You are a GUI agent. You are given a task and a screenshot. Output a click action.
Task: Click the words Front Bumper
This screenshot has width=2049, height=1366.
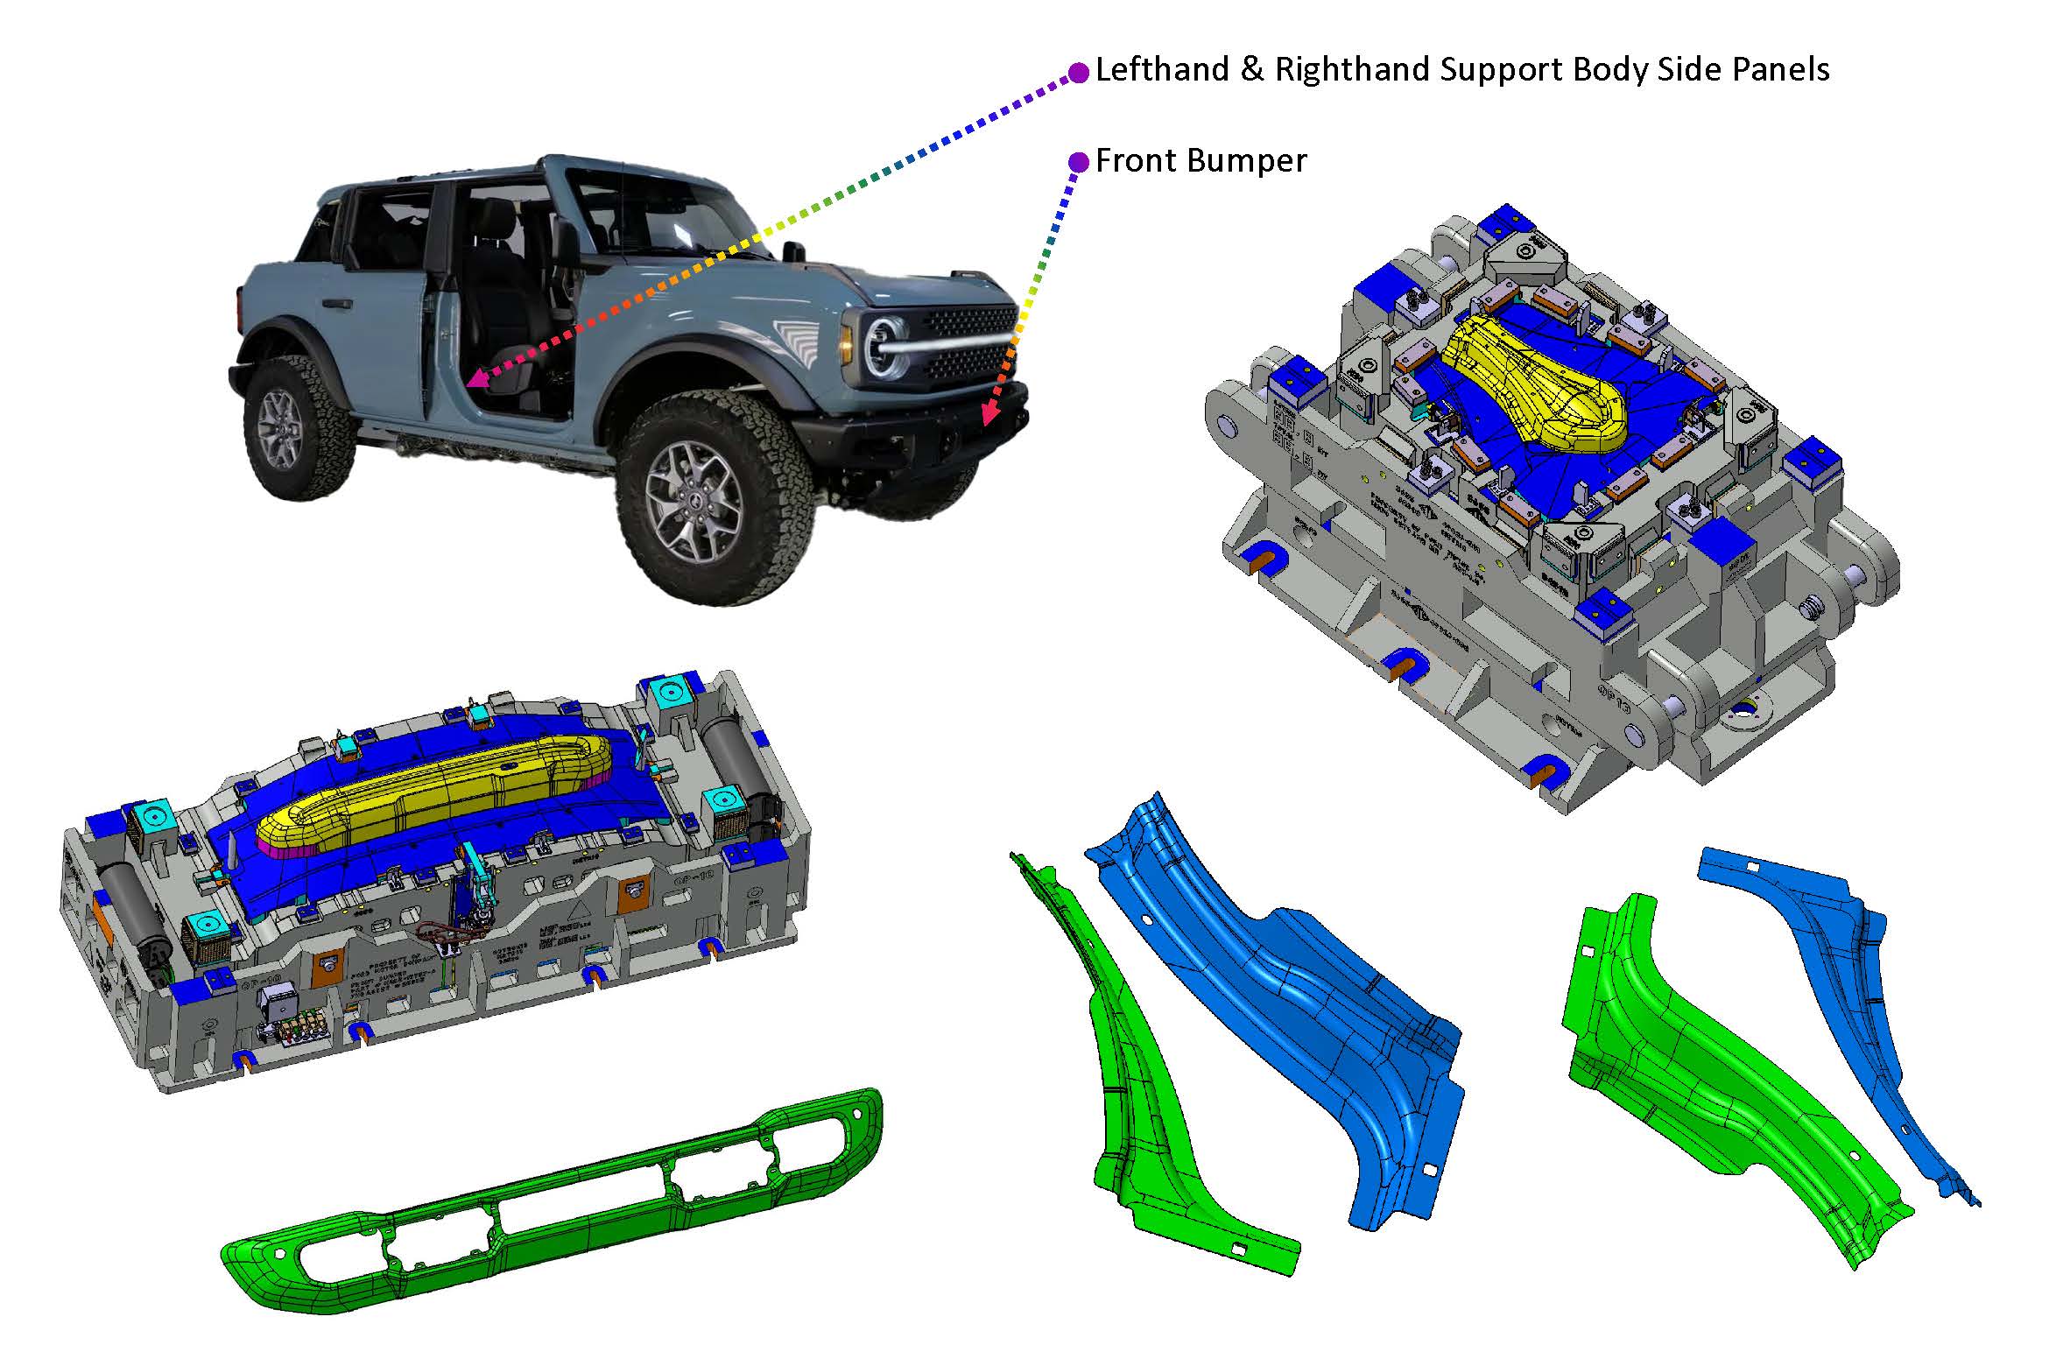click(1201, 161)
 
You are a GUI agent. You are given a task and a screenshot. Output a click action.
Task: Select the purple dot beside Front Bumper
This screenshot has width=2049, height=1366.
click(1079, 162)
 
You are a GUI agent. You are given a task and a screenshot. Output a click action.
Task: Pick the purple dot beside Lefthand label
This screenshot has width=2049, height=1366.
click(1080, 72)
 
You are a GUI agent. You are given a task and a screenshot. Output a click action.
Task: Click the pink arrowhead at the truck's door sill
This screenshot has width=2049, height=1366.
click(475, 378)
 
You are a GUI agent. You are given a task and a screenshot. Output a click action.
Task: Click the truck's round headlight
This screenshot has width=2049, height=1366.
click(884, 344)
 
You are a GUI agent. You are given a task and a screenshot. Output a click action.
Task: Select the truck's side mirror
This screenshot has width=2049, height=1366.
click(793, 251)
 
